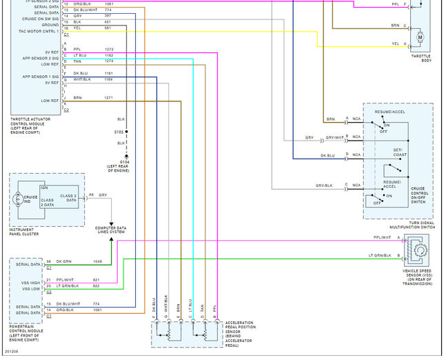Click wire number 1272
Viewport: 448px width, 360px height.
(109, 50)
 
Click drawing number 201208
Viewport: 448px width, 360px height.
(11, 353)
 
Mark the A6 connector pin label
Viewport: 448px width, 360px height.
(91, 195)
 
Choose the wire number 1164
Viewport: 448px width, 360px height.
(109, 79)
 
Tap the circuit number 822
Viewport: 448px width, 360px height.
(96, 285)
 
